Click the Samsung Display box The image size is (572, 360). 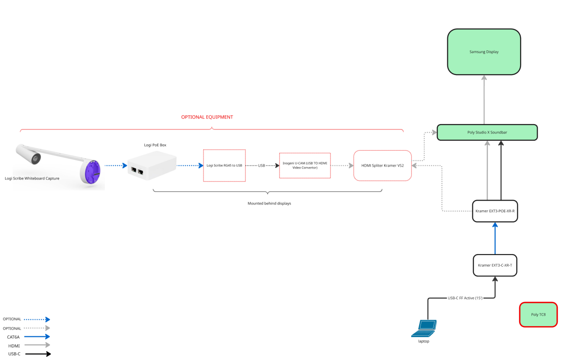point(484,52)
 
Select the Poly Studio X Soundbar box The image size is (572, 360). point(487,132)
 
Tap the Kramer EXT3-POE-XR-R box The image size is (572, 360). point(495,211)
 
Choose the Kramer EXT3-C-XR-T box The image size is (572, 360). point(495,265)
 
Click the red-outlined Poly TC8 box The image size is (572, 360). point(538,314)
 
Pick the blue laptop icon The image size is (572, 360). point(424,328)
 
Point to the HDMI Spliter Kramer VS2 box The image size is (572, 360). point(382,165)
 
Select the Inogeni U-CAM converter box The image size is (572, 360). point(305,165)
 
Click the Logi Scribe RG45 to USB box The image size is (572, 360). point(224,165)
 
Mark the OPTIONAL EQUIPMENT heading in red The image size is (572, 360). point(207,117)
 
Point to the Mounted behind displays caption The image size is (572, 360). point(269,203)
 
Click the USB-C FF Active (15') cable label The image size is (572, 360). point(465,298)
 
